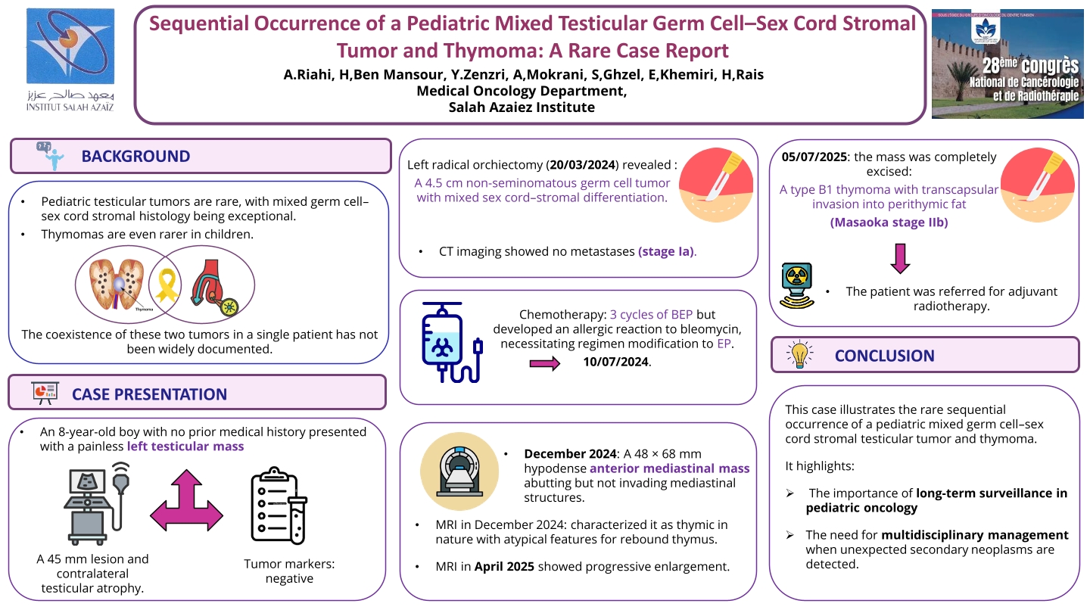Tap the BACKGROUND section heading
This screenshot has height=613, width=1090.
[x=135, y=157]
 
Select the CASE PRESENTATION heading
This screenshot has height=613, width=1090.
[x=149, y=394]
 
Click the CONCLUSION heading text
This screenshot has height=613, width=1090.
[x=884, y=356]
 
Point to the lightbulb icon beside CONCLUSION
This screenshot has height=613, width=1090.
[x=799, y=355]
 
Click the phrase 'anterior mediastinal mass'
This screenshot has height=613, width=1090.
[x=670, y=468]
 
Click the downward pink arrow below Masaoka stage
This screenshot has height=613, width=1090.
[x=900, y=257]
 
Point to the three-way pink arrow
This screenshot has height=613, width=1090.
[x=186, y=499]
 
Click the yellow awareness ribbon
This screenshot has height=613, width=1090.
[x=166, y=285]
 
